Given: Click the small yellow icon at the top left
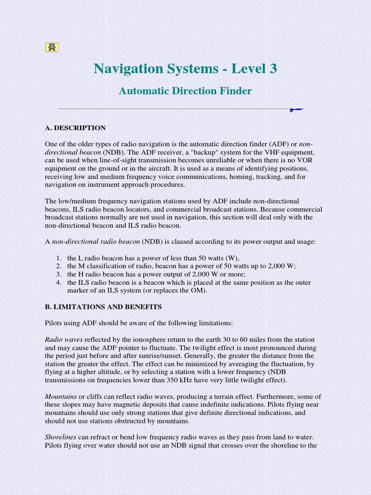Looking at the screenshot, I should click(52, 47).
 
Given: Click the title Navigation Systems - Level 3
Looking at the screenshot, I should click(185, 69).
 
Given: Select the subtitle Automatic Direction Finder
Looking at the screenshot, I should click(185, 91).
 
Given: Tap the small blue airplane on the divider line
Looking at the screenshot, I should click(296, 110).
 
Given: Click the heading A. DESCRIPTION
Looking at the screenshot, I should click(75, 128).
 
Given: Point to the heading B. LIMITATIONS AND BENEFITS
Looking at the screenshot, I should click(103, 307).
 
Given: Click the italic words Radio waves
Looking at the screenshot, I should click(64, 340).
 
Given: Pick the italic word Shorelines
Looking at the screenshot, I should click(61, 437).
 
